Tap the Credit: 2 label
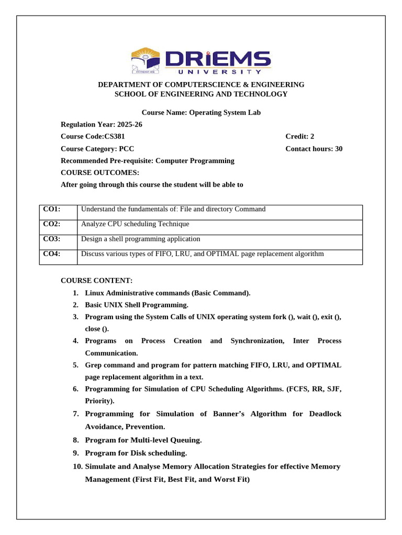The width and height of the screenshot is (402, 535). tap(299, 136)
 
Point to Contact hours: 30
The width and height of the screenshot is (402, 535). tap(314, 149)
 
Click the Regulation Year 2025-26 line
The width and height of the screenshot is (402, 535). tap(102, 124)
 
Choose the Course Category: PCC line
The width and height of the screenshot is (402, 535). tap(97, 149)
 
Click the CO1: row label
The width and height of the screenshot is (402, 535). tap(52, 209)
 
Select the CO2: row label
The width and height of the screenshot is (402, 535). tap(52, 224)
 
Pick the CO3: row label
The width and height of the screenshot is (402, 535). tap(52, 239)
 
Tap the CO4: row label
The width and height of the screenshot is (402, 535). tap(52, 254)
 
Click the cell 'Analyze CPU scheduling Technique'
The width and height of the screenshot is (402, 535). tap(135, 224)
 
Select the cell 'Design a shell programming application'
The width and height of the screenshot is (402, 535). tap(140, 239)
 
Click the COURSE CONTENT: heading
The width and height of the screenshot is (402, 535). tap(97, 281)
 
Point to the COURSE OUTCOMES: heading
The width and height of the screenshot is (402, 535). tap(100, 172)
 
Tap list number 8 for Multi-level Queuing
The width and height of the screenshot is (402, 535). tap(75, 440)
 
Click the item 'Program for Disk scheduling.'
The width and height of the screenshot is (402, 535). tap(136, 453)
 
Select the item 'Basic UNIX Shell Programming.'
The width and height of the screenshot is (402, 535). tap(136, 305)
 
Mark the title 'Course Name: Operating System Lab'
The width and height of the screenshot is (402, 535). tap(201, 112)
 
